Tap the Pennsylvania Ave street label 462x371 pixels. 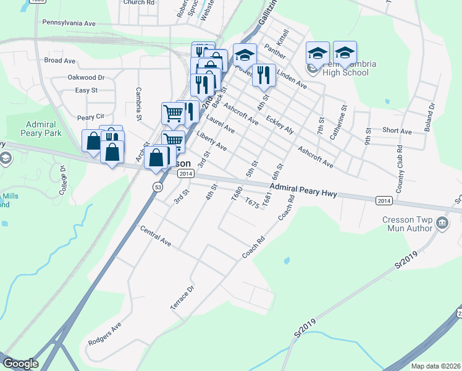point(69,23)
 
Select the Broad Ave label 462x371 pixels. point(59,61)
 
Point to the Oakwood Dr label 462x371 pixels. point(86,78)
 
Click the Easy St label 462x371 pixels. point(86,90)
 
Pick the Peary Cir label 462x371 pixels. point(91,117)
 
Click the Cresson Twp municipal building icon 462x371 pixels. point(442,223)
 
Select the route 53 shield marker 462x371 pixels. point(159,186)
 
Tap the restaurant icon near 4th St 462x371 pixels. point(264,75)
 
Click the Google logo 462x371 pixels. point(20,364)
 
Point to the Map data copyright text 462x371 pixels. point(435,366)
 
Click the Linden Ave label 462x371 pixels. point(292,79)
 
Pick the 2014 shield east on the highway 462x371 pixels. point(384,200)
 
